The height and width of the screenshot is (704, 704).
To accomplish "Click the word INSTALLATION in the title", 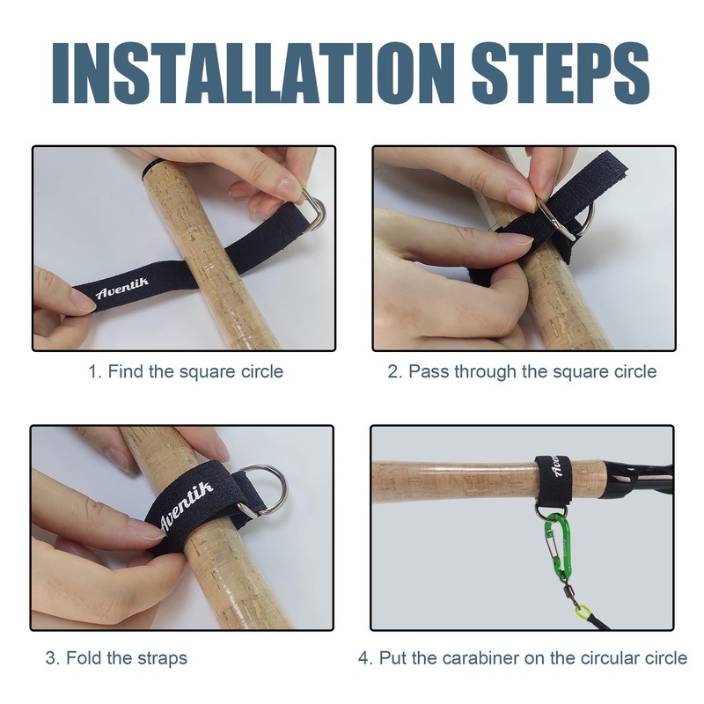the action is click(253, 74).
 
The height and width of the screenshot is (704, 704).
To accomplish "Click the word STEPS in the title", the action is click(561, 74).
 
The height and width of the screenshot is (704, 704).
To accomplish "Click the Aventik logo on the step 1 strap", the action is click(122, 288).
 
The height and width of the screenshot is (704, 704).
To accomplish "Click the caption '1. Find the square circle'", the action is click(186, 371).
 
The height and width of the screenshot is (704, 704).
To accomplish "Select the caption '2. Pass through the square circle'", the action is click(522, 371).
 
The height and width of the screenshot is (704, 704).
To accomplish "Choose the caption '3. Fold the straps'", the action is click(116, 658).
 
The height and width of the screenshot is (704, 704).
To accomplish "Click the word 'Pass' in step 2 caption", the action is click(429, 371).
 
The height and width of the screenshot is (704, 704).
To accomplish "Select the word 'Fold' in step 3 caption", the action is click(84, 658).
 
